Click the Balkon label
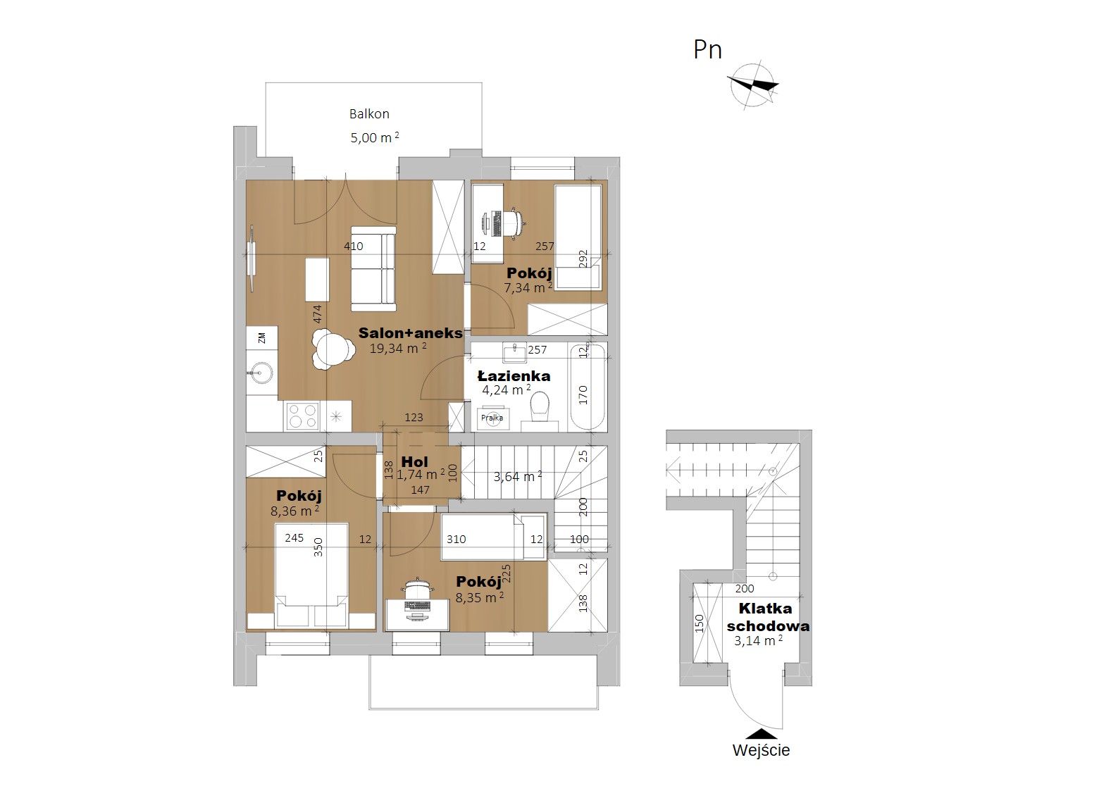click(369, 114)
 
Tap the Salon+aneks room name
click(410, 333)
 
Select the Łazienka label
click(514, 375)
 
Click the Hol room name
click(414, 462)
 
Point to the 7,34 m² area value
click(528, 287)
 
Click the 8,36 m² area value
click(295, 511)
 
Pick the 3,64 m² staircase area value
click(518, 477)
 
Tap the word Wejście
click(761, 751)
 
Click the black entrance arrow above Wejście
click(761, 734)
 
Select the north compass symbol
click(752, 85)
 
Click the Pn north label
click(707, 50)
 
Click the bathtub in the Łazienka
click(588, 386)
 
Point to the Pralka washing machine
click(492, 418)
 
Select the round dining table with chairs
click(330, 349)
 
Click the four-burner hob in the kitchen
click(302, 416)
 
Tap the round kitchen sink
click(259, 373)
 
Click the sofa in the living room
click(373, 269)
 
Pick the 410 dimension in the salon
click(354, 246)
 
